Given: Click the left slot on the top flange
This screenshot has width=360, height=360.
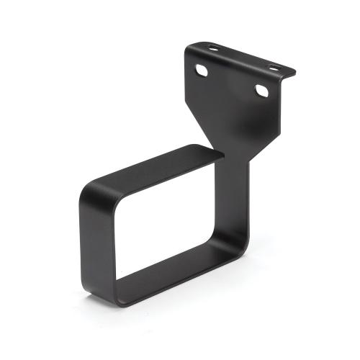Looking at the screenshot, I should (213, 49).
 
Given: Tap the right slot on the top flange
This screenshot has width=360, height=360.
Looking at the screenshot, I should (274, 67).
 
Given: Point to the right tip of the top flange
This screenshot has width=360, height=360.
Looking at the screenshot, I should (294, 73).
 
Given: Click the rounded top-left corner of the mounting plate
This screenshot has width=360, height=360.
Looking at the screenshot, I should (189, 50).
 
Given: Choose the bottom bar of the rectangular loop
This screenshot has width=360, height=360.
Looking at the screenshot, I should (173, 277).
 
